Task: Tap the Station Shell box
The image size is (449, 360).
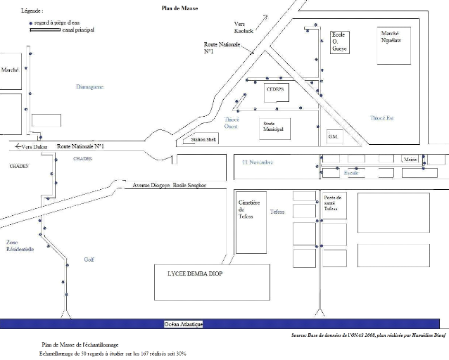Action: tap(194, 140)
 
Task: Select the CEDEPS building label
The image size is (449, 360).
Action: tap(275, 90)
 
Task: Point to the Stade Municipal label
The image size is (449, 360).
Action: tap(272, 127)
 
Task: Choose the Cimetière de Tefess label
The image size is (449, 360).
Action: tap(251, 210)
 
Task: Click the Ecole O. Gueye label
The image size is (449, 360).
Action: tap(340, 43)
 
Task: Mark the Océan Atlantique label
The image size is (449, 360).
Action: tap(184, 323)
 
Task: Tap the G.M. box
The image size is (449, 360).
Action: tap(333, 136)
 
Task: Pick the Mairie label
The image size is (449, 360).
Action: tap(410, 160)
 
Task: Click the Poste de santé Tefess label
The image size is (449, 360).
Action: tap(332, 203)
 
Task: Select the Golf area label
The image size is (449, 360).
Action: tap(89, 259)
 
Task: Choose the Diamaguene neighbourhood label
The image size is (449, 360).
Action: tap(89, 86)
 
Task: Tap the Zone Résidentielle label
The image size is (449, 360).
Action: tap(20, 245)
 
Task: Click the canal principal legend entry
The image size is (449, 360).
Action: tap(77, 30)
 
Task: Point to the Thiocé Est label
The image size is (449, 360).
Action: tap(381, 118)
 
